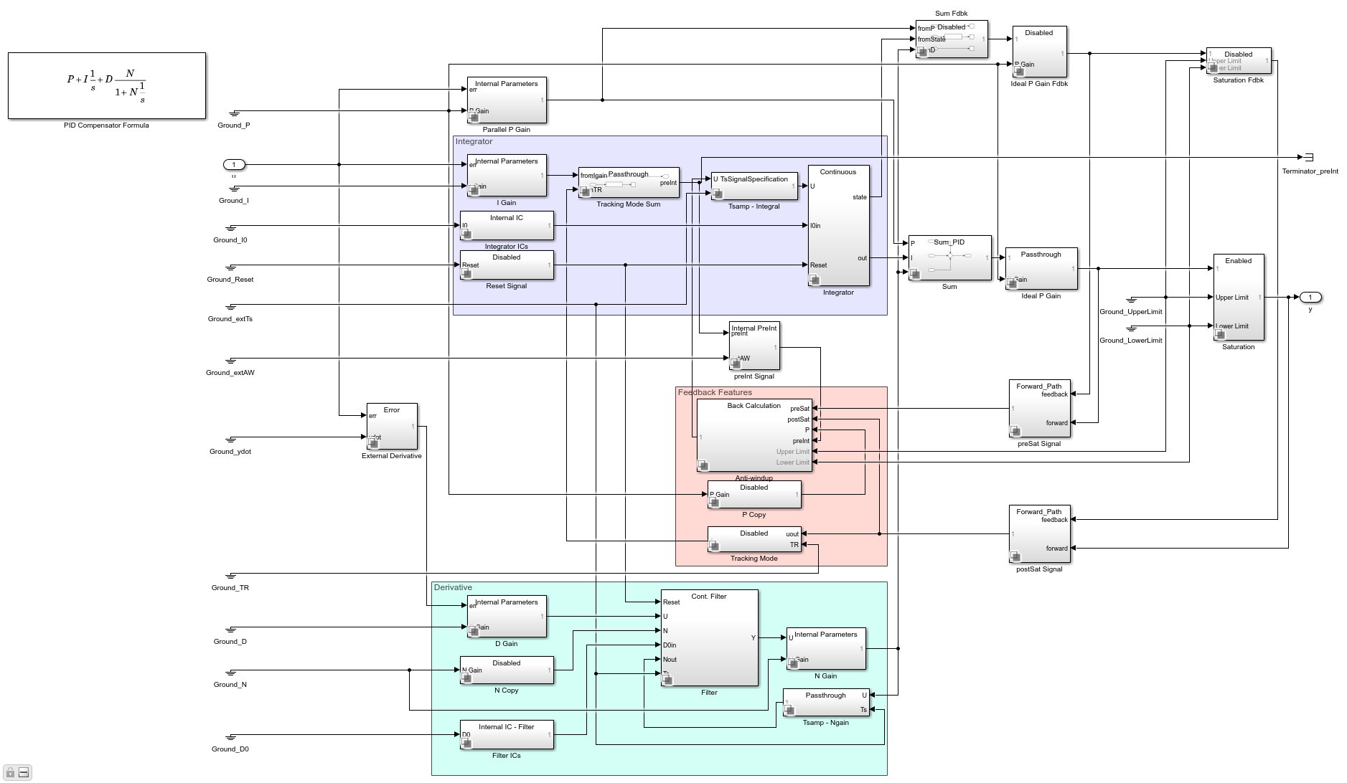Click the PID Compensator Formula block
(106, 85)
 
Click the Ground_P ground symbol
(234, 113)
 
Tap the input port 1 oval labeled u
(234, 165)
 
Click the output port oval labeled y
(1310, 297)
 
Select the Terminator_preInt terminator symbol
(1307, 157)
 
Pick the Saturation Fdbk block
(1238, 62)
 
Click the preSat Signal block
(1038, 409)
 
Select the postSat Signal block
(1038, 534)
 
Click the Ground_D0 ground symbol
(231, 737)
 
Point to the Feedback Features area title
(715, 392)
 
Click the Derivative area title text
(453, 587)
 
